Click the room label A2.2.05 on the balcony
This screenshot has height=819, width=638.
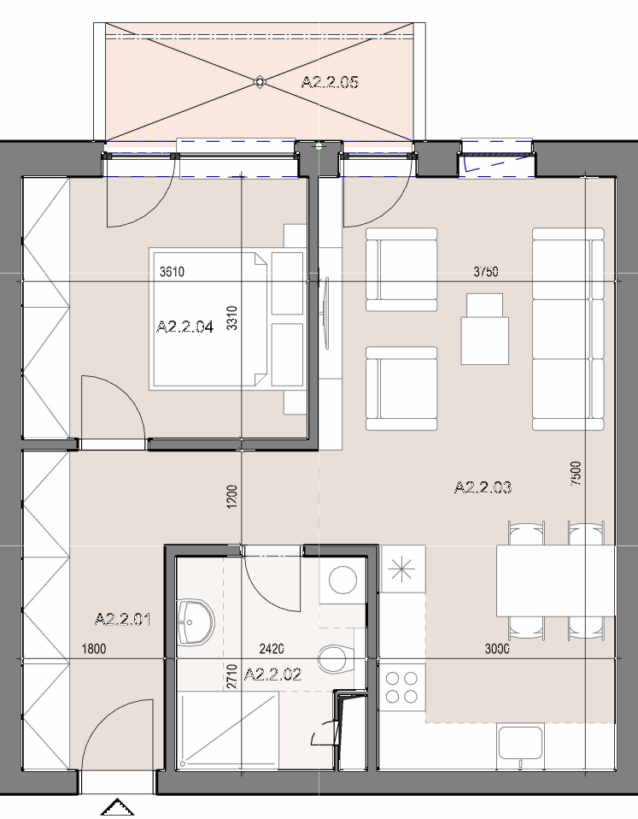330,83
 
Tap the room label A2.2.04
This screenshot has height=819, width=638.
184,327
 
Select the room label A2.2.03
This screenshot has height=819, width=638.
483,487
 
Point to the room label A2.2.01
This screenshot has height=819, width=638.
123,620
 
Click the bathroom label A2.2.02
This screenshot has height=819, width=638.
272,675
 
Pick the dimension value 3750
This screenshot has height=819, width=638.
486,272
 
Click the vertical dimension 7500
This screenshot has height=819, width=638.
576,474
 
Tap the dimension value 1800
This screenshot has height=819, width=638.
94,649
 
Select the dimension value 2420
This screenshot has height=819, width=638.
272,649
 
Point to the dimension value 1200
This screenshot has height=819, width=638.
232,497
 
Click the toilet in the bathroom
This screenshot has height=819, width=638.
336,659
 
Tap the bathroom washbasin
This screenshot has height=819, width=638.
196,622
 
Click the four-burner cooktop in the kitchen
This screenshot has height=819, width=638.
401,687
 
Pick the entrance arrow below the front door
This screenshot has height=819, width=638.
117,807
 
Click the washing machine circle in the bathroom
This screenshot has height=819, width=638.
342,580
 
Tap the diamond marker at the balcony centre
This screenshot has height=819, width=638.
260,82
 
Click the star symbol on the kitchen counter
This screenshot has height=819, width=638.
402,569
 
